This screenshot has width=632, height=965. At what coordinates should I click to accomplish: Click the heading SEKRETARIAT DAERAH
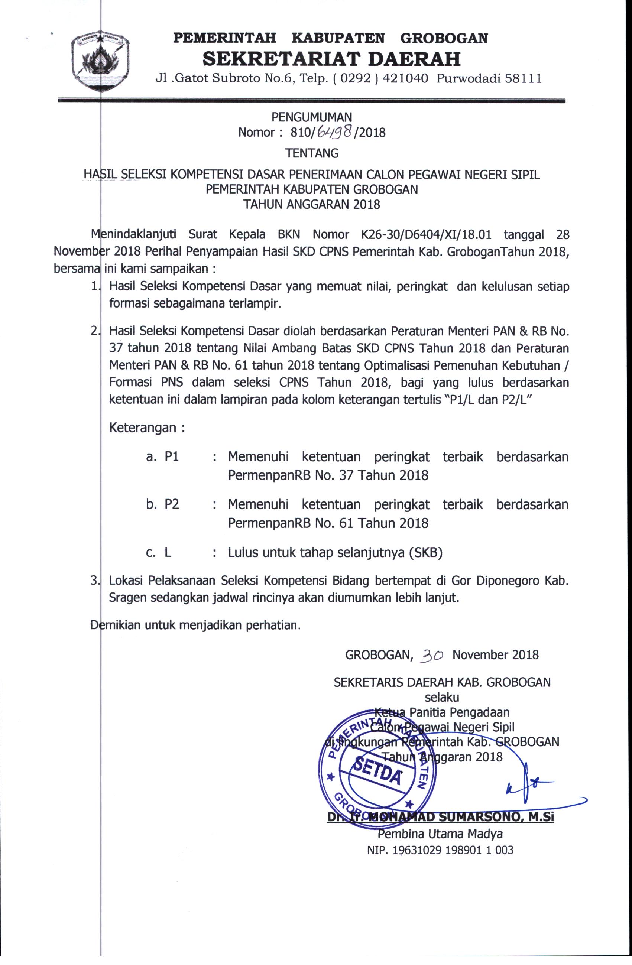pos(331,59)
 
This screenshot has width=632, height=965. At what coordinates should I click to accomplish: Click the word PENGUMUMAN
pos(311,117)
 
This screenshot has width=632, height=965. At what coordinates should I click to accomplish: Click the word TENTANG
pos(311,153)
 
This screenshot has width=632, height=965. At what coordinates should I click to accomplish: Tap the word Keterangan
pos(142,428)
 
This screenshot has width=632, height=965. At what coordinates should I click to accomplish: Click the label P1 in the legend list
pos(171,456)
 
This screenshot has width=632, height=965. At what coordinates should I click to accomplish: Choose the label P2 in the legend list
pos(171,504)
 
